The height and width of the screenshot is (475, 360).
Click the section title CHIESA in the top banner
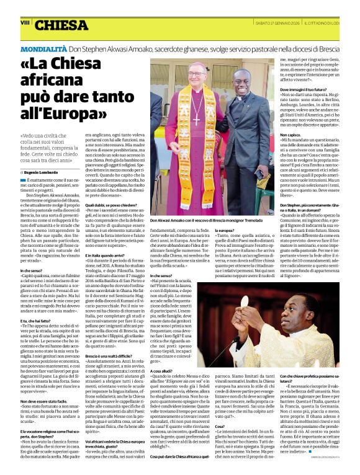pyautogui.click(x=61, y=25)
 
